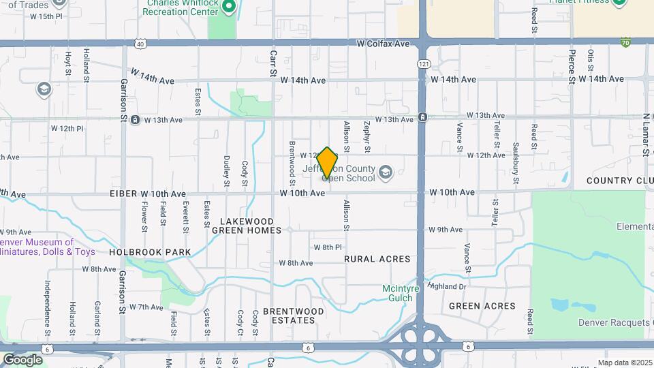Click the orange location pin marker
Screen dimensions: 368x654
[328, 164]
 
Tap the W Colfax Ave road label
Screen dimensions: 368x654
[383, 43]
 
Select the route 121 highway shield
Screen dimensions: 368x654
[424, 63]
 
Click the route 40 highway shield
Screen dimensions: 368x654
[140, 44]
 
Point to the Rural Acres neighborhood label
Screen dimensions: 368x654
[377, 259]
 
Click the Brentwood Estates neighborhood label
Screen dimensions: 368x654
[294, 316]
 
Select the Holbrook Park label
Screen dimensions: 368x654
[150, 252]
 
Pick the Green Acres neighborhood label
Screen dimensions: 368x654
[482, 306]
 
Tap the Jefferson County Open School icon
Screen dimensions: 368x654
[386, 171]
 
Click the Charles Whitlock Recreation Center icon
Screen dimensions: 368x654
[229, 7]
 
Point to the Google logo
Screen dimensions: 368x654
[22, 359]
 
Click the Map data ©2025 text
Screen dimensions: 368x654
[623, 363]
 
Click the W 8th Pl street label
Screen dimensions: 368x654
[327, 247]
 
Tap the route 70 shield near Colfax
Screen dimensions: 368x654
[625, 42]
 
